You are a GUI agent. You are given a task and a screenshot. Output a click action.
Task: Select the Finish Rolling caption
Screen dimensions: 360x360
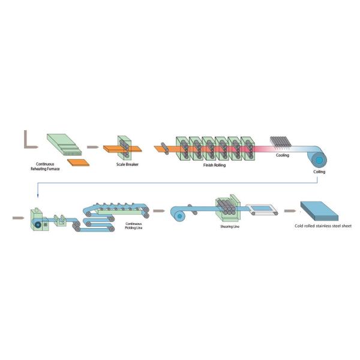[x=215, y=164]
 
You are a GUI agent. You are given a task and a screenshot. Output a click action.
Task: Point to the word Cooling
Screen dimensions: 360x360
[x=282, y=155]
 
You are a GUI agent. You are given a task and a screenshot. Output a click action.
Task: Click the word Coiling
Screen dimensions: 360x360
[x=319, y=172]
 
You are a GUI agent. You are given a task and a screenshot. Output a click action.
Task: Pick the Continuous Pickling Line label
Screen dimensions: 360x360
[x=134, y=226]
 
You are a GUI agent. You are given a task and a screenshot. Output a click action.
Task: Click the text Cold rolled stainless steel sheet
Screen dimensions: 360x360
[x=322, y=226]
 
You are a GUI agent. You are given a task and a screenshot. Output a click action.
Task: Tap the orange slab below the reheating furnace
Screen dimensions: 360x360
[x=77, y=163]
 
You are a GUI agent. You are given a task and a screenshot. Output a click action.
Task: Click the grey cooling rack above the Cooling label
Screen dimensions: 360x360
[x=281, y=143]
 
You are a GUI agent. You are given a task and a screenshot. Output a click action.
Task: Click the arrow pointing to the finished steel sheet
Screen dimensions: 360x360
[x=291, y=211]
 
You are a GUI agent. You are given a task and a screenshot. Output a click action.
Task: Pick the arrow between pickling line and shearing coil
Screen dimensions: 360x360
[x=158, y=211]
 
